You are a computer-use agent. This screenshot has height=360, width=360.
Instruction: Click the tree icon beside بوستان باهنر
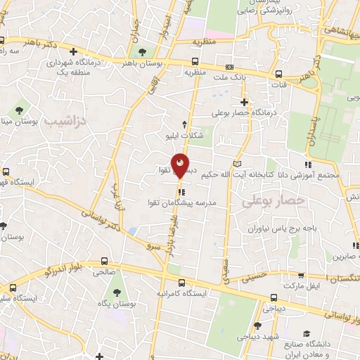143,53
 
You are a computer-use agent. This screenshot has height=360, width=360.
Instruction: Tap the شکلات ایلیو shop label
184,135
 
